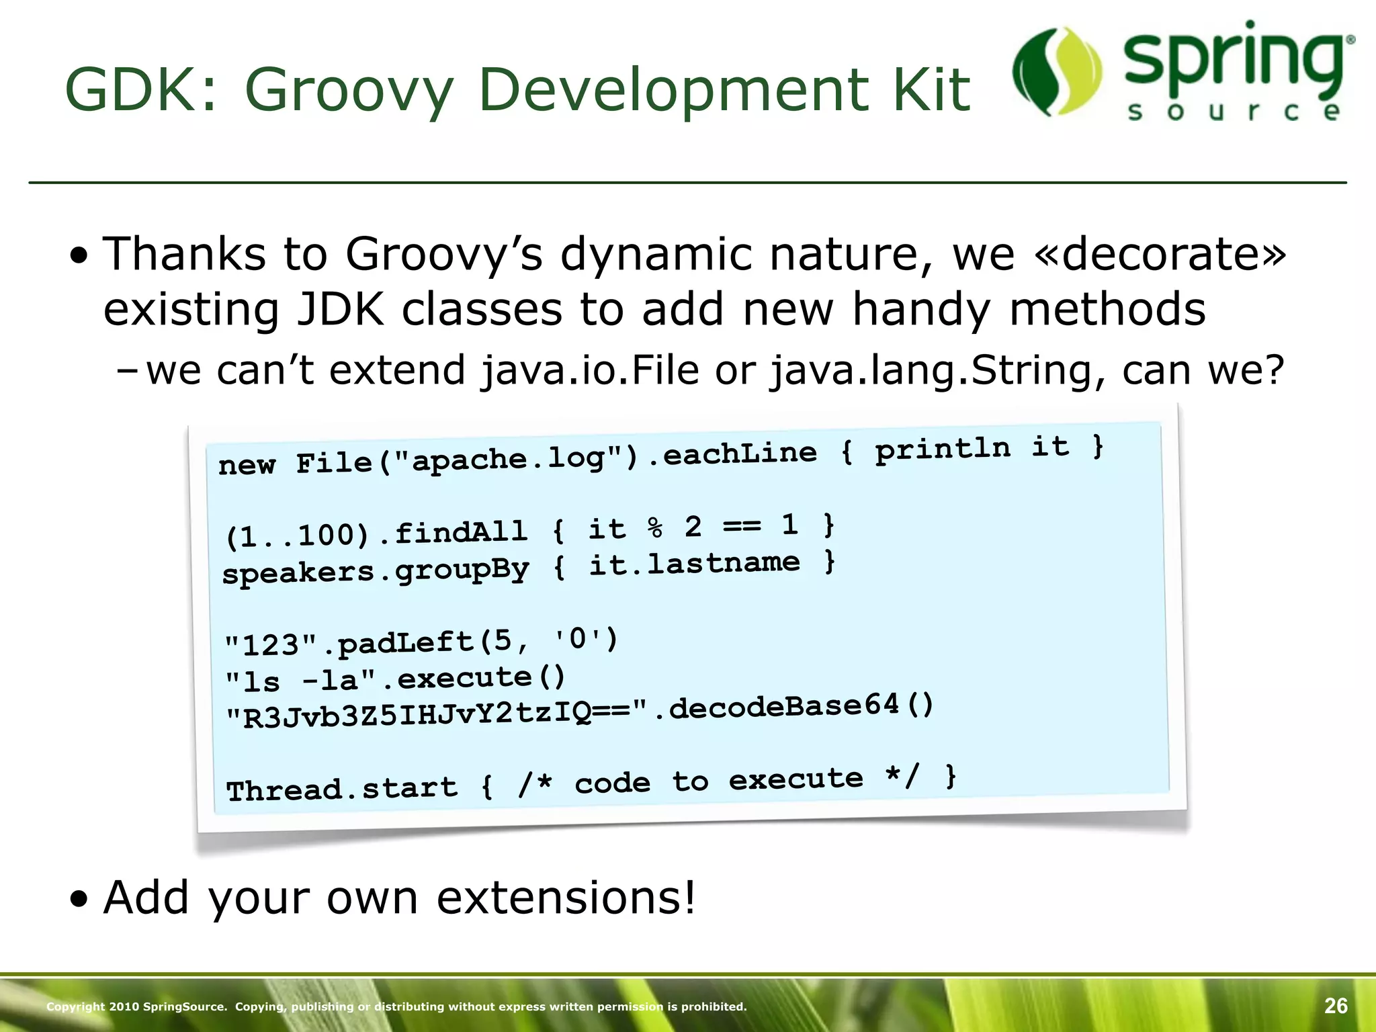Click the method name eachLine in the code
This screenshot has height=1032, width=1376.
[739, 454]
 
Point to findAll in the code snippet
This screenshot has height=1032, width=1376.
[461, 532]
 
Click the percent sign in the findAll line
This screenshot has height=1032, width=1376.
[655, 528]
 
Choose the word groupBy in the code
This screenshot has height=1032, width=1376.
[462, 570]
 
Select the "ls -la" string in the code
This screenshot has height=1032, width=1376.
[300, 681]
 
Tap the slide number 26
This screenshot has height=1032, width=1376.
[1336, 1006]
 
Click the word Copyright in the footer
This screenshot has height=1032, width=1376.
[75, 1006]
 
